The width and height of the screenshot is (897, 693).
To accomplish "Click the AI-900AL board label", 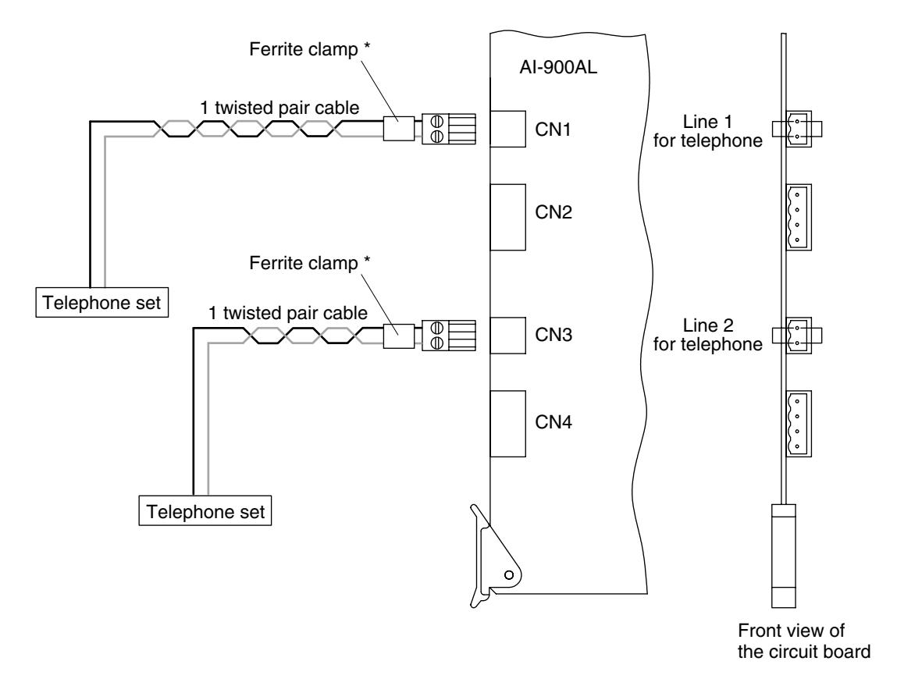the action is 557,67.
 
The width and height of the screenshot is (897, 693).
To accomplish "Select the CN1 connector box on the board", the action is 508,129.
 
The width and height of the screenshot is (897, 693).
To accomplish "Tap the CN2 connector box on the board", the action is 508,217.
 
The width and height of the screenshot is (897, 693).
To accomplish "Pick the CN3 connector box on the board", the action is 508,335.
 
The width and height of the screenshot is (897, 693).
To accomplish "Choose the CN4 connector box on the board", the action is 508,424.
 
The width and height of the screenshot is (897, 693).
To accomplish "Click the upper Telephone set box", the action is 101,302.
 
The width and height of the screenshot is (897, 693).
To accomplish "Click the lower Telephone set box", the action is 205,510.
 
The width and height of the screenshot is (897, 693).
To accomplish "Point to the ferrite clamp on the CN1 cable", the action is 399,129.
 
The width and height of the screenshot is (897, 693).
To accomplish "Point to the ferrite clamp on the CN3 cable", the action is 399,336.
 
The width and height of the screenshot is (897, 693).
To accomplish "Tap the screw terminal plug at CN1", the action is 449,129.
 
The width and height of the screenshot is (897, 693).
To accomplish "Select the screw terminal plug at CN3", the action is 449,336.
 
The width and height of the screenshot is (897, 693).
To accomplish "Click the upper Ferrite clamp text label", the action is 309,49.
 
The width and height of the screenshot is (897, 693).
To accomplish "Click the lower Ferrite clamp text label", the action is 309,263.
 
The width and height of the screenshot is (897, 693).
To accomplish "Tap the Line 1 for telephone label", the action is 707,131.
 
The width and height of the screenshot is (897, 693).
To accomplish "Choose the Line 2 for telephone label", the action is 707,335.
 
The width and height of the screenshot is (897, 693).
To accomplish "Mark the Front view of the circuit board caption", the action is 804,641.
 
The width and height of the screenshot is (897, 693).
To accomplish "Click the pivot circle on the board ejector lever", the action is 508,574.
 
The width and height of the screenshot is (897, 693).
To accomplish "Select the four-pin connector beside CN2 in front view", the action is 799,217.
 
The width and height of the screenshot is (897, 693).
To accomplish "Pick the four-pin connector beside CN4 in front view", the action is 799,424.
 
